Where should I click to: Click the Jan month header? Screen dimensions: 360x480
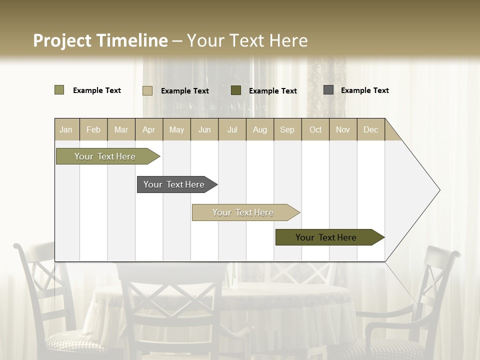coord(66,129)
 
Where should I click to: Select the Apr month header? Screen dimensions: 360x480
coord(149,129)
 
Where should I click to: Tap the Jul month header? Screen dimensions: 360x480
coord(232,129)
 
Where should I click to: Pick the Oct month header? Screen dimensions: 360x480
coord(315,129)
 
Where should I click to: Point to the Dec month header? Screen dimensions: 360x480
coord(371,129)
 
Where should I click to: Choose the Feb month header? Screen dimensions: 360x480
coord(93,129)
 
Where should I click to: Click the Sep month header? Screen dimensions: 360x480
coord(287,129)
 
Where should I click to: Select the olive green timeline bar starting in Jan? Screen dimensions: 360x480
coord(105,156)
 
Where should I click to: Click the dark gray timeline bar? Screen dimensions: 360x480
coord(174,184)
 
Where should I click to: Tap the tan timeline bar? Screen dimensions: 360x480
coord(243,212)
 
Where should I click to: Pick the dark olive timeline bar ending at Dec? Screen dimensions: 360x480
coord(326,237)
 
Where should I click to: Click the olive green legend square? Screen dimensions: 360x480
coord(59,90)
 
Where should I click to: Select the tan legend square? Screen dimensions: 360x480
coord(147,90)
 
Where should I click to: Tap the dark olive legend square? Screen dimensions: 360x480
coord(236,90)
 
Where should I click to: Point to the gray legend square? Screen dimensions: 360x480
coord(328,90)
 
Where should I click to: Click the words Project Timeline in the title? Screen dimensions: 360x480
coord(100,40)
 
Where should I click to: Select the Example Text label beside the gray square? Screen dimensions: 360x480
coord(364,90)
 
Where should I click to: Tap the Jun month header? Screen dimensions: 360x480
coord(204,129)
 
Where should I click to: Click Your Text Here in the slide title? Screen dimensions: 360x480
coord(247,40)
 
